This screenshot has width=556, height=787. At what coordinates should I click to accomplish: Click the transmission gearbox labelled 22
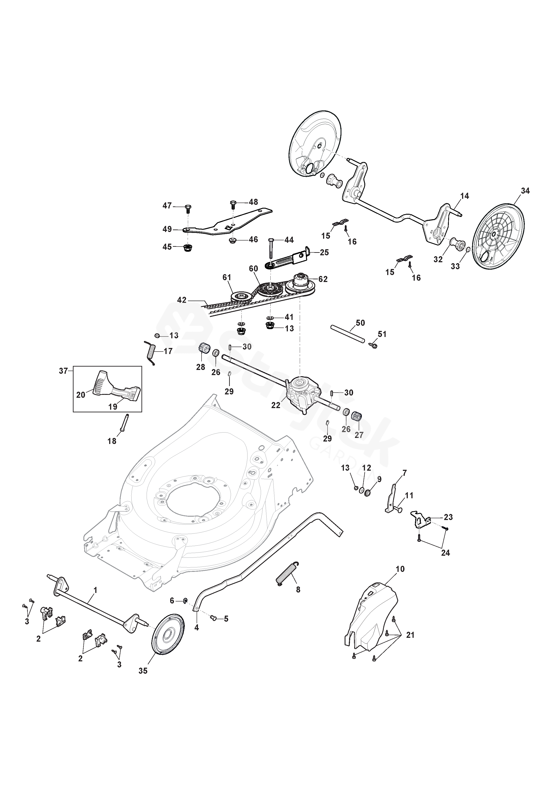[x=302, y=393]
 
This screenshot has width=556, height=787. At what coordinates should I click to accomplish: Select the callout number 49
[x=167, y=229]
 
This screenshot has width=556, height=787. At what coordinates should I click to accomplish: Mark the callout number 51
[x=382, y=334]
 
